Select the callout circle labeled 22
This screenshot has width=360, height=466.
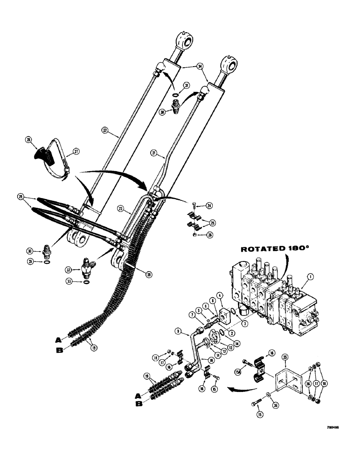(x=105, y=132)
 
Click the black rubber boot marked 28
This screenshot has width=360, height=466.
(x=41, y=154)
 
